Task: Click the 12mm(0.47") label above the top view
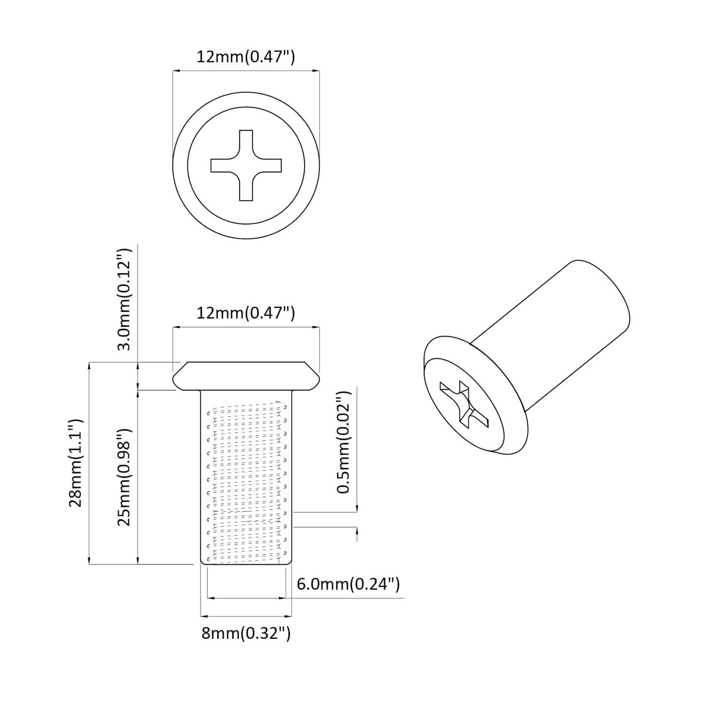coord(245,57)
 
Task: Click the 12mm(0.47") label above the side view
coord(245,313)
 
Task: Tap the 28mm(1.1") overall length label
coord(76,462)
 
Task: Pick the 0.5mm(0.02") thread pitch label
coord(344,442)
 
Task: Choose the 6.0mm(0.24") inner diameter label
coord(348,583)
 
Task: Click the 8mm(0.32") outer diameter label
coord(246,633)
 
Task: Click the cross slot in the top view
coord(246,165)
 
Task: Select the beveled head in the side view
coord(246,376)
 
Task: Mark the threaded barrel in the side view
coord(246,479)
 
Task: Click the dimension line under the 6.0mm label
coord(246,598)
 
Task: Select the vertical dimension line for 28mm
coord(89,462)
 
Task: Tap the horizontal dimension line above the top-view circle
coord(246,71)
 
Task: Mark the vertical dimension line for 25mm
coord(138,477)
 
